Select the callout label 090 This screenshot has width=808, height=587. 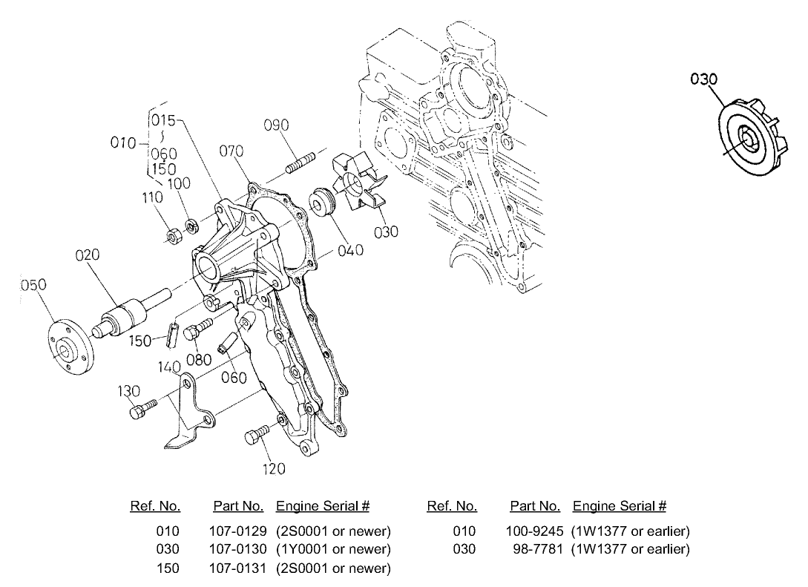[x=277, y=125]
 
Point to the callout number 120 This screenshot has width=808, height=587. [x=273, y=468]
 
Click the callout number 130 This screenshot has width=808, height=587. [x=130, y=391]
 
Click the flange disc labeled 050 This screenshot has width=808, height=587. [x=70, y=347]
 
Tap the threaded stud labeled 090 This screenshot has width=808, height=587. [x=298, y=162]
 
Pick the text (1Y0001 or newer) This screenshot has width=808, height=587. [x=332, y=549]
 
